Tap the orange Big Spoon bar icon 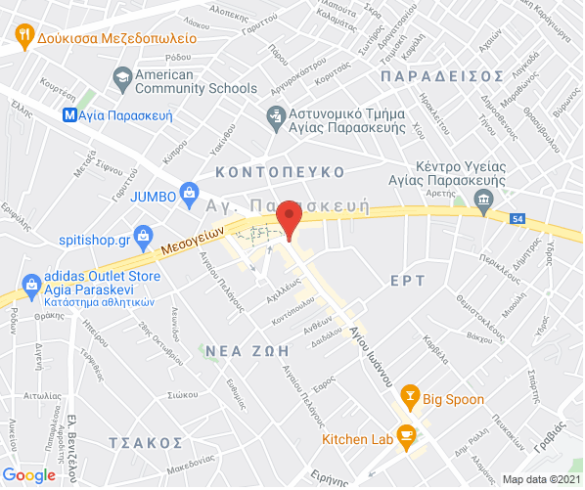coord(410,397)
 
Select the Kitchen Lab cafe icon coord(406,436)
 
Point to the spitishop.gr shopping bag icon coord(144,237)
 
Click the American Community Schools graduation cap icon coord(122,75)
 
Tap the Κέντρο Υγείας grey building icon coord(483,200)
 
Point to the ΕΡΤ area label coord(407,281)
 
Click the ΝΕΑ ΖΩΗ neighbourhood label coord(247,349)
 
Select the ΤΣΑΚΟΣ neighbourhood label coord(147,442)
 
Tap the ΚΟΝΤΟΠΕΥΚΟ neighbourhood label coord(281,171)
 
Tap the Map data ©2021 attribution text coord(541,480)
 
